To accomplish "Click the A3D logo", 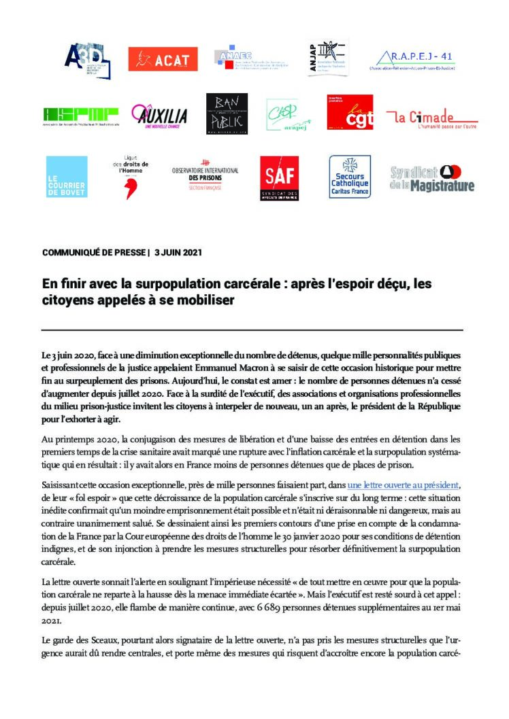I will click(86, 60).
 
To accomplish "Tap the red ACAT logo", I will click(163, 59).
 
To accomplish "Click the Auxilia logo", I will click(159, 117).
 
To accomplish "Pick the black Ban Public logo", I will click(227, 113).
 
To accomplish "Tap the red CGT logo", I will click(350, 113).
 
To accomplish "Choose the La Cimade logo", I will click(431, 118).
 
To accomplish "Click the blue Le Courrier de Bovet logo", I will click(66, 177).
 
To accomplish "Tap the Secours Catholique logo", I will click(350, 177).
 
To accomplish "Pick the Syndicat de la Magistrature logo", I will click(432, 178).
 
